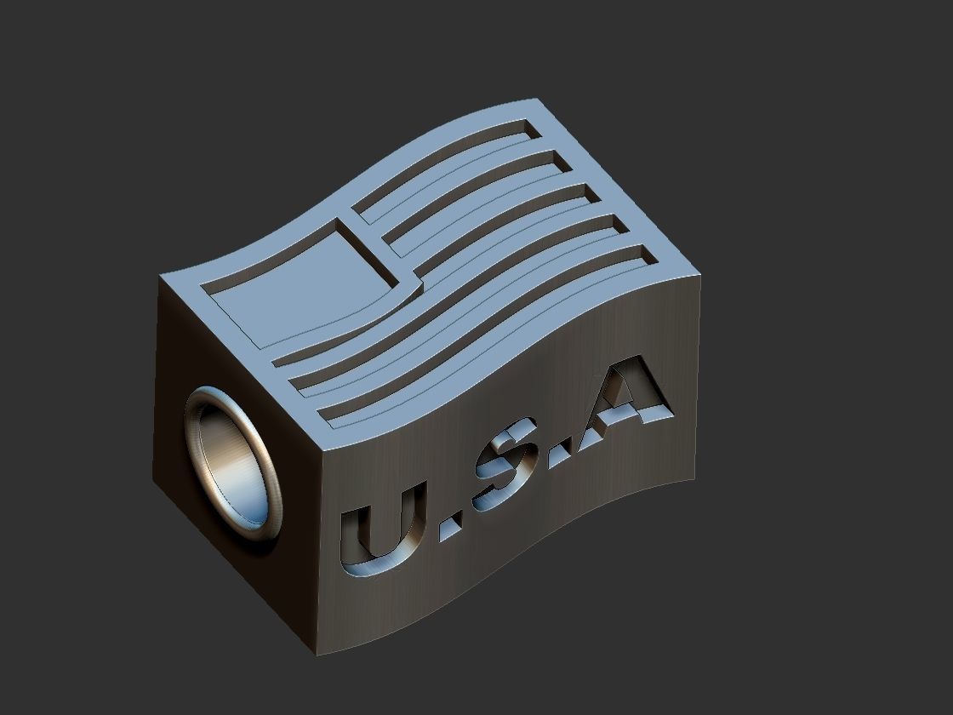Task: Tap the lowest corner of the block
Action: click(317, 655)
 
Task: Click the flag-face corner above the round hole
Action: click(162, 277)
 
